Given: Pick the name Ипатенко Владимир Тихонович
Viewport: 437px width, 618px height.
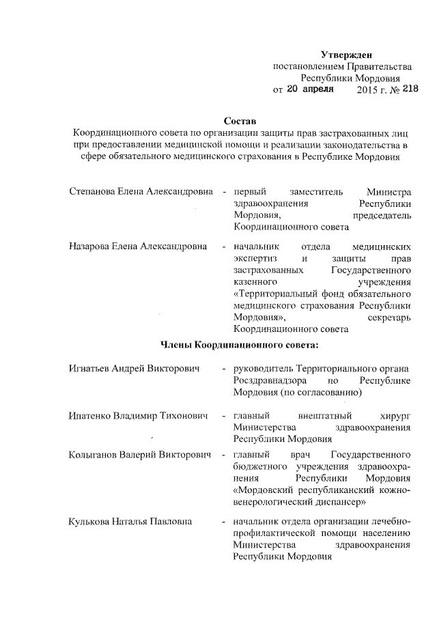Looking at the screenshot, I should point(138,415).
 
